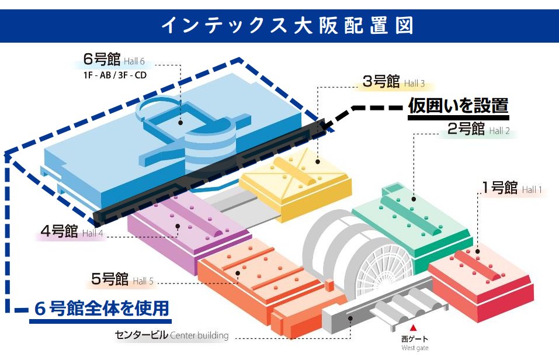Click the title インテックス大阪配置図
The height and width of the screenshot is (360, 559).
(279, 25)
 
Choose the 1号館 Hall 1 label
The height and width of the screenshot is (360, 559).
(512, 188)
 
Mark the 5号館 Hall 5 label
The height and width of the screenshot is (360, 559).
(122, 279)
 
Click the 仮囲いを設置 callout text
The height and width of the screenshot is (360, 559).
(458, 106)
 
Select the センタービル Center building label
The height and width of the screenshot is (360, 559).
(172, 335)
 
